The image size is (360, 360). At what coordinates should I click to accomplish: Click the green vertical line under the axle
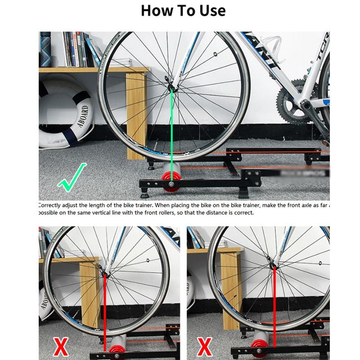pyautogui.click(x=171, y=130)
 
